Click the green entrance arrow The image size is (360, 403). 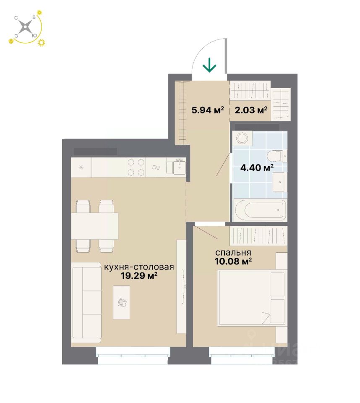[x=209, y=65]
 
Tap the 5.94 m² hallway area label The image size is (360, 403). [x=208, y=110]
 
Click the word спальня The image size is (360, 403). [x=233, y=253]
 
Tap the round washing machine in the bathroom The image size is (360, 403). [x=242, y=139]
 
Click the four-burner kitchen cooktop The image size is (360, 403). [x=136, y=167]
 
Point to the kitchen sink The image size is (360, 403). [x=180, y=167]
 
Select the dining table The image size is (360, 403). [x=94, y=226]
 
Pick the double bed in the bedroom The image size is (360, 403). [x=251, y=297]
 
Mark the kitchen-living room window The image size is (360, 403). [x=133, y=355]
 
